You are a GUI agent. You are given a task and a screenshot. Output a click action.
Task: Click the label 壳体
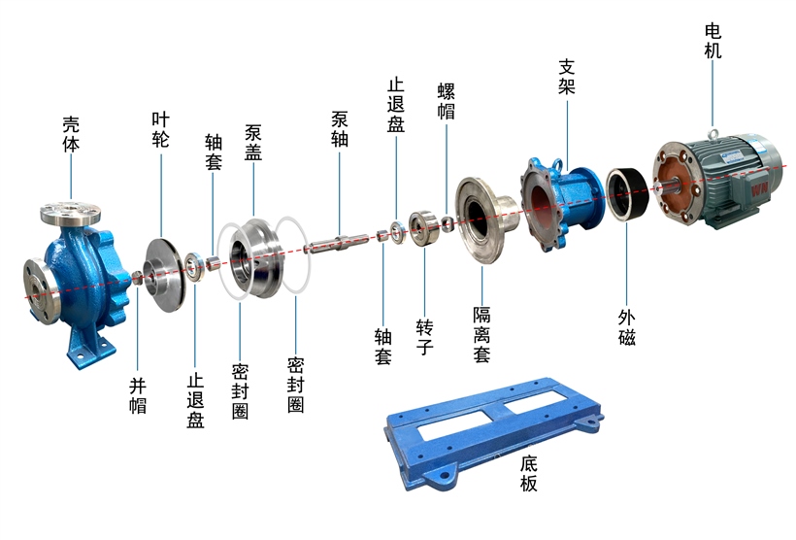coord(71,135)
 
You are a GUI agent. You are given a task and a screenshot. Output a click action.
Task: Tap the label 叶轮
coord(160,129)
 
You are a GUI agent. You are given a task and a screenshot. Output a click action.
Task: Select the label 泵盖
coord(253,143)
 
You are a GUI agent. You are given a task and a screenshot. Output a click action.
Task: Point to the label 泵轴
coord(340,129)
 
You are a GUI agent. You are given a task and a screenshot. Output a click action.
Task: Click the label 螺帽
coord(447,102)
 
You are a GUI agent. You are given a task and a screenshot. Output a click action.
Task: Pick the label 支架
coord(567,77)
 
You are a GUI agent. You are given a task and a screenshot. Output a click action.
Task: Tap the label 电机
coord(713,41)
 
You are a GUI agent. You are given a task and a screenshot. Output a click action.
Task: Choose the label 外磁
coord(627,327)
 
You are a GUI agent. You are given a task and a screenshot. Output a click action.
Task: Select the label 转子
coord(424,337)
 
